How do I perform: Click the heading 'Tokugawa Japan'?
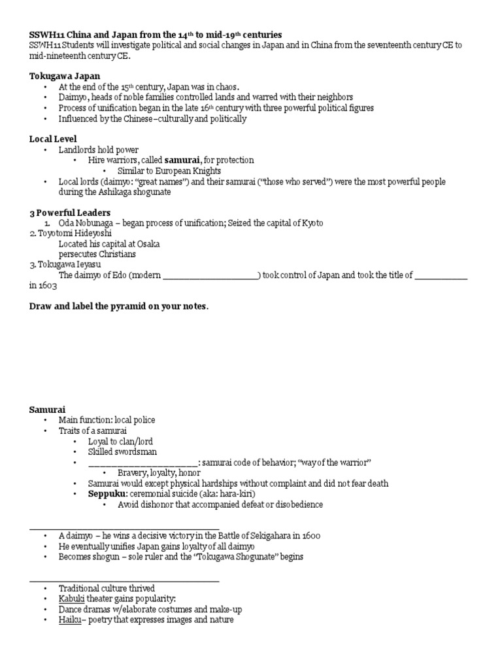64,76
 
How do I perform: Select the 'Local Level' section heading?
53,139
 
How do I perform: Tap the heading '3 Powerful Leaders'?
69,213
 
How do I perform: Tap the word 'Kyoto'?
310,223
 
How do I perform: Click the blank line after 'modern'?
210,275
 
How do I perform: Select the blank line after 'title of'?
441,275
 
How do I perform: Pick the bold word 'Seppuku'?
107,494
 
